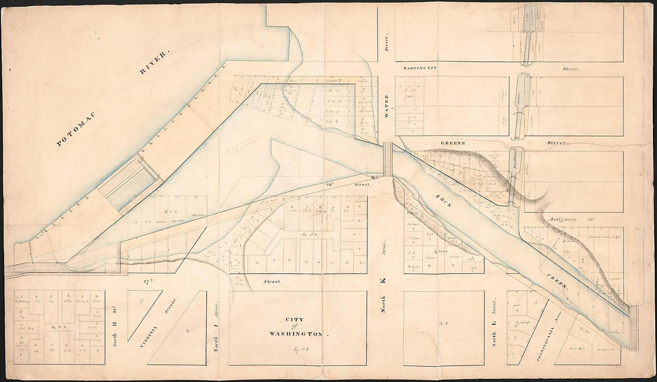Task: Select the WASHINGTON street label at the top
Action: [x=420, y=68]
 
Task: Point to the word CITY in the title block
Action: [x=297, y=320]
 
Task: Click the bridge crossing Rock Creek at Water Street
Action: [x=388, y=160]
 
